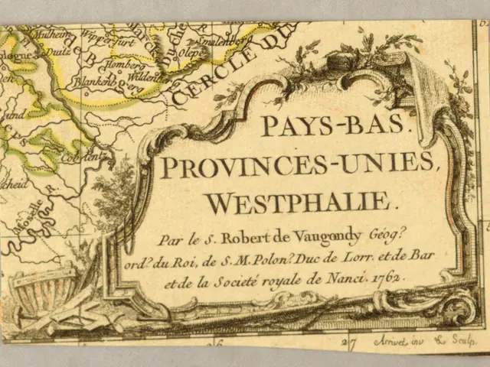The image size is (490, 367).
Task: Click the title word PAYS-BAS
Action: (337, 125)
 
